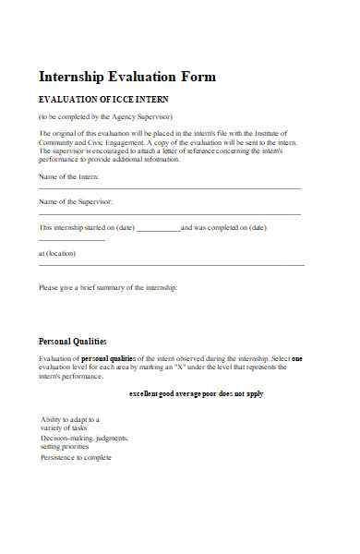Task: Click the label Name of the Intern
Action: pyautogui.click(x=69, y=175)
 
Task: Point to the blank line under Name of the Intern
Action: pyautogui.click(x=170, y=188)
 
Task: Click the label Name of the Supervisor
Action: pyautogui.click(x=76, y=201)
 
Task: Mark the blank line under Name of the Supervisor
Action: pyautogui.click(x=170, y=214)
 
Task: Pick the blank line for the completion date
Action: pyautogui.click(x=72, y=240)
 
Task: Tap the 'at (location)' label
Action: pyautogui.click(x=57, y=253)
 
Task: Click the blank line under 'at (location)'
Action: pyautogui.click(x=171, y=265)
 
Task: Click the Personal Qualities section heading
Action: pyautogui.click(x=72, y=341)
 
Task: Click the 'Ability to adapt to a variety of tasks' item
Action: pyautogui.click(x=69, y=423)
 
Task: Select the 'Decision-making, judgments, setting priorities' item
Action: pyautogui.click(x=84, y=441)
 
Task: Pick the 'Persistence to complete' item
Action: pyautogui.click(x=76, y=457)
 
